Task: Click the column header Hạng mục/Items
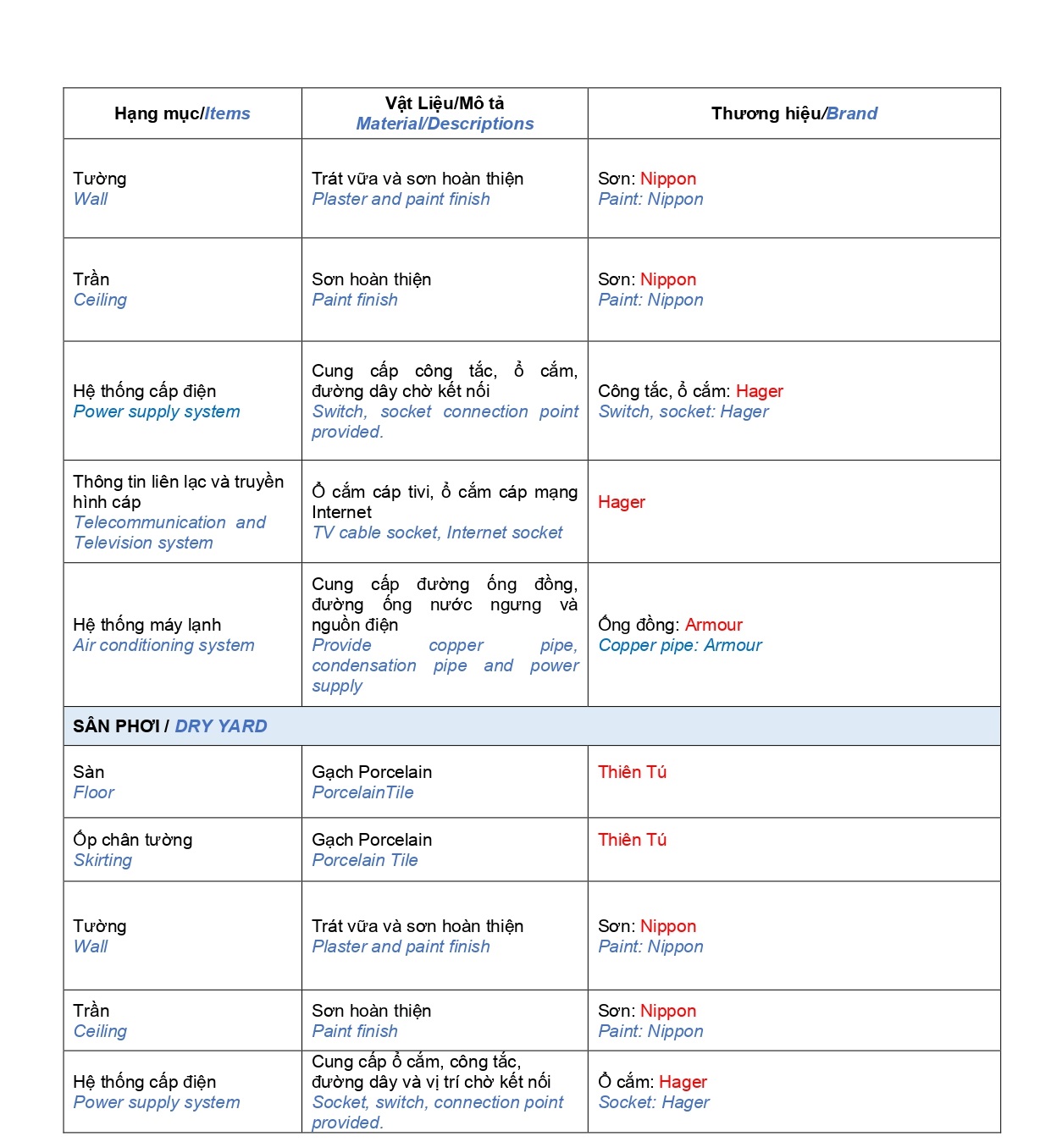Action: (182, 113)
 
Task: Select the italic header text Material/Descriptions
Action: (445, 124)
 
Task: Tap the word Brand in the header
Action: (851, 113)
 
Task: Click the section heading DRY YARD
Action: (220, 726)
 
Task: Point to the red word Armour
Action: (713, 625)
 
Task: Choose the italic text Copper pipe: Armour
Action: (679, 645)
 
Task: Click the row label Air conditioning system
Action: (163, 645)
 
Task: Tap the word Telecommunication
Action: (149, 522)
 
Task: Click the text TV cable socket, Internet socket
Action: (437, 532)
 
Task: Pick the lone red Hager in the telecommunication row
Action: (621, 502)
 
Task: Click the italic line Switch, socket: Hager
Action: (683, 411)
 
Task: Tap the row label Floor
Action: (93, 792)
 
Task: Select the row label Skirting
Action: (102, 860)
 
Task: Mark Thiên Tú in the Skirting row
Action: (632, 840)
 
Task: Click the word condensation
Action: (363, 665)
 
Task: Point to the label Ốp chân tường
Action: (132, 840)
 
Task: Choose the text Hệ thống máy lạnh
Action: (147, 625)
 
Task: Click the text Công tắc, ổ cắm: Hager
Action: (689, 391)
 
